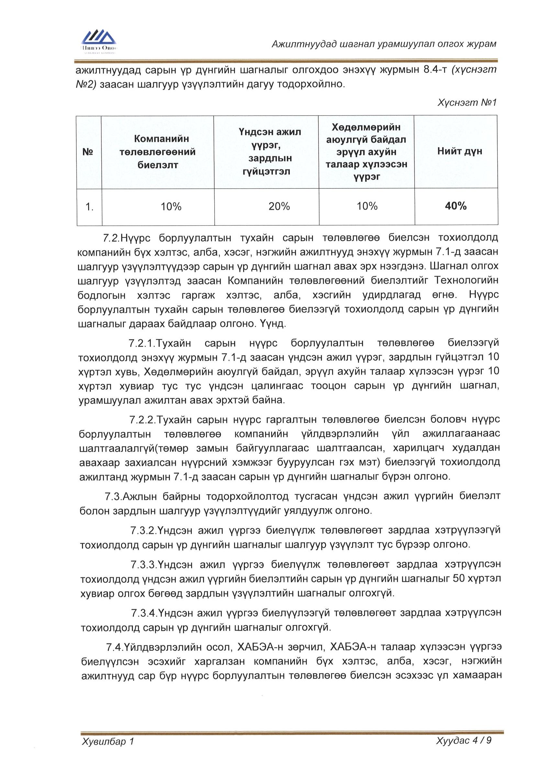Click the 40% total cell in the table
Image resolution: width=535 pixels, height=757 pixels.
coord(456,206)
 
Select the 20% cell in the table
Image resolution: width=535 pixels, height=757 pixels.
coord(279,206)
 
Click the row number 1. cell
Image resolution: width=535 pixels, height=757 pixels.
coord(89,207)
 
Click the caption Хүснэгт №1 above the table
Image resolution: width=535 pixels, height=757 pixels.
coord(466,103)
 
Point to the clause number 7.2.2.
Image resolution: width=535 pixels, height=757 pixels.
coord(142,420)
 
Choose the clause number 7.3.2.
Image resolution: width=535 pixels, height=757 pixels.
coord(143,530)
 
